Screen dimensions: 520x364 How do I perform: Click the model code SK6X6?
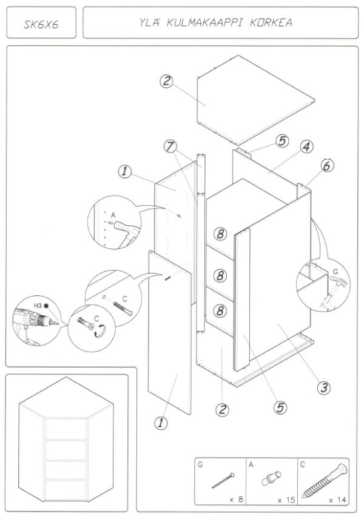click(x=41, y=25)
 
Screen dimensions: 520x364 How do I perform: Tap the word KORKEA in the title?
click(x=269, y=23)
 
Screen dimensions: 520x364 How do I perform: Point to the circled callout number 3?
click(x=325, y=386)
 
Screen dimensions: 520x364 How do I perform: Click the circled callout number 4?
click(x=306, y=146)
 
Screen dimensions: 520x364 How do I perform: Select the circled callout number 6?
click(x=327, y=165)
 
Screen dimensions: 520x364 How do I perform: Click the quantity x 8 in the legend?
click(x=235, y=500)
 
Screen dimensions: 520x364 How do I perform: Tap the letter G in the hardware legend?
click(x=200, y=465)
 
